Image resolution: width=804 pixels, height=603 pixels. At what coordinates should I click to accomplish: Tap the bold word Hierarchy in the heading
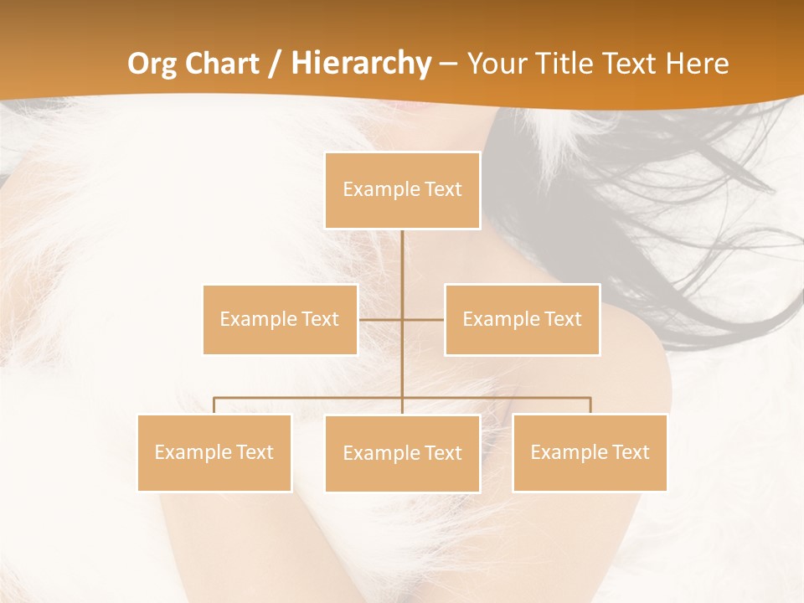click(360, 64)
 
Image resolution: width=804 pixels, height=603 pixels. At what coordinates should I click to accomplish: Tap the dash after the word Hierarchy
click(448, 64)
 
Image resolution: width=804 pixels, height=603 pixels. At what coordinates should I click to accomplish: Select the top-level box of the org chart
click(402, 190)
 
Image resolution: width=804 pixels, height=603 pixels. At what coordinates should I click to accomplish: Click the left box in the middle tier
click(280, 319)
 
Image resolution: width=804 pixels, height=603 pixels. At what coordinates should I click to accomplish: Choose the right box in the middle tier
click(522, 319)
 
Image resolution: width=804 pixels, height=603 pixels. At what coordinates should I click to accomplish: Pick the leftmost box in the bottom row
click(214, 452)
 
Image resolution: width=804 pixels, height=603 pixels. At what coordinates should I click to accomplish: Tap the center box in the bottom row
click(402, 453)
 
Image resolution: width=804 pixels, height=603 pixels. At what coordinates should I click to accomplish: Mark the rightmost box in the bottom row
click(590, 452)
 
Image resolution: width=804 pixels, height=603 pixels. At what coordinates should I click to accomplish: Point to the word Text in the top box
click(443, 189)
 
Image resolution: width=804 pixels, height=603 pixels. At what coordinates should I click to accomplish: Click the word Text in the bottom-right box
click(631, 452)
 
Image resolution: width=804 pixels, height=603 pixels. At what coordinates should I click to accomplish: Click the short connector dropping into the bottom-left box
click(214, 405)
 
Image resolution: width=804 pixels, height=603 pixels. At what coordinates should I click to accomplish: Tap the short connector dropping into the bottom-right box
click(590, 405)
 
